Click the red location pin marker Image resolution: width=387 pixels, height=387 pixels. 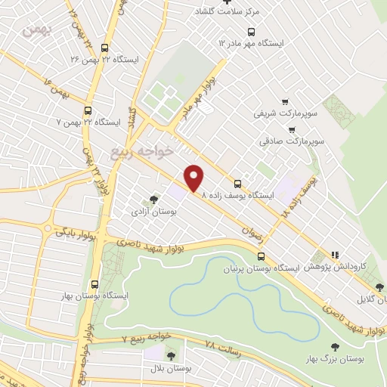coord(195,178)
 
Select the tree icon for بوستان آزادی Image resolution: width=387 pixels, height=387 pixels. coord(153,200)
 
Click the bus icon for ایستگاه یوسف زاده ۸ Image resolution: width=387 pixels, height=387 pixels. coord(238,184)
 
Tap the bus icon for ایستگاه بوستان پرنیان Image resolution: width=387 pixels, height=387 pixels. coord(261,257)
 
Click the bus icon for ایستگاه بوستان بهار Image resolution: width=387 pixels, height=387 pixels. coord(94,285)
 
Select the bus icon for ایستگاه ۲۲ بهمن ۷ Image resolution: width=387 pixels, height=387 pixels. coord(88,109)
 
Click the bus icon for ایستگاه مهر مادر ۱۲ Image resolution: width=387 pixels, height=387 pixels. coord(252,31)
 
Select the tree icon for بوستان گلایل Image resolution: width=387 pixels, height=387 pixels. coord(379,286)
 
